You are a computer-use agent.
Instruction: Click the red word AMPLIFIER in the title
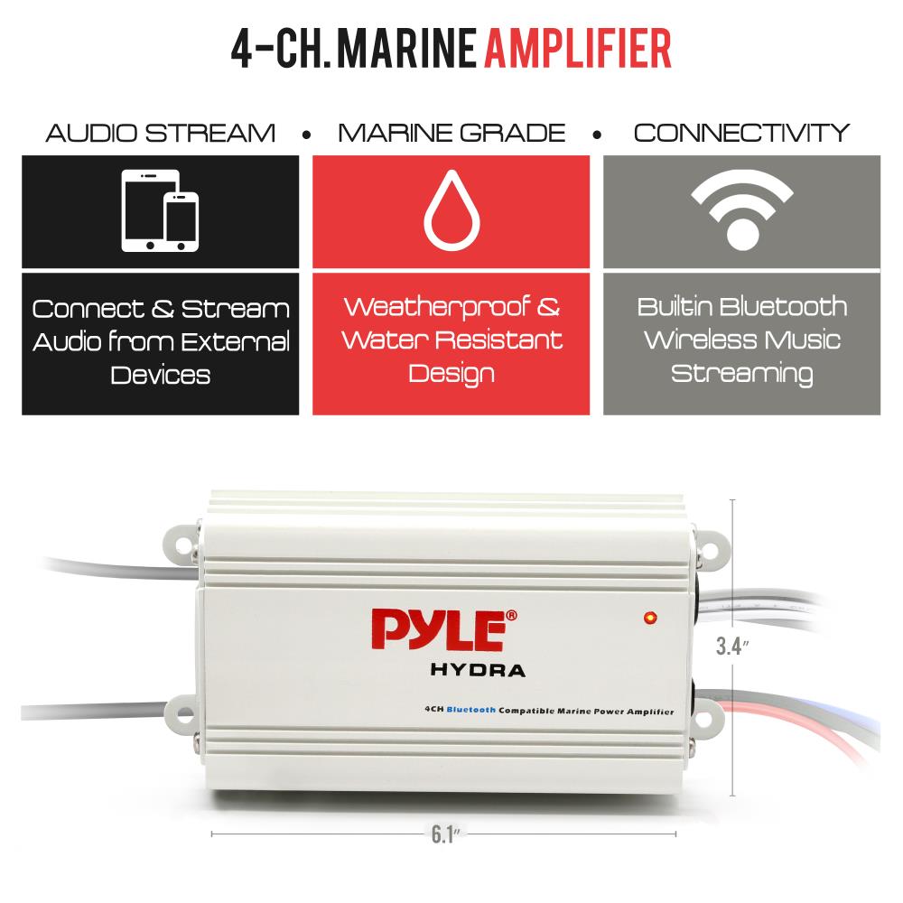(578, 49)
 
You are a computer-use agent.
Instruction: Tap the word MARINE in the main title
(406, 49)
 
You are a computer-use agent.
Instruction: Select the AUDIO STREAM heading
(160, 133)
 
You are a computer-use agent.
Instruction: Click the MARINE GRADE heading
(451, 133)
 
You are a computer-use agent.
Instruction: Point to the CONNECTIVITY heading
(741, 133)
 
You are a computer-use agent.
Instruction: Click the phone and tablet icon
(160, 210)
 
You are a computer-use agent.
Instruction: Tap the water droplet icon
(452, 210)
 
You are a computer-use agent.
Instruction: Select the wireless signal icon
(742, 209)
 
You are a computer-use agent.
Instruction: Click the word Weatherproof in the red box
(437, 308)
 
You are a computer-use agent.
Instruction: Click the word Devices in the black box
(161, 375)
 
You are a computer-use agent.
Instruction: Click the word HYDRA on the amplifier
(478, 670)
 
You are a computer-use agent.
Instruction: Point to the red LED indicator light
(650, 618)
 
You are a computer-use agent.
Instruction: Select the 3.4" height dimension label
(732, 647)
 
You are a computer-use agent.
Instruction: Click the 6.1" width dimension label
(446, 833)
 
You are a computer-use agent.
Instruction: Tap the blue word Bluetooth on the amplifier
(471, 710)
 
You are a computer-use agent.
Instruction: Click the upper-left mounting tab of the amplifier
(182, 545)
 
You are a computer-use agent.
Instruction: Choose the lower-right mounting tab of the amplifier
(710, 720)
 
